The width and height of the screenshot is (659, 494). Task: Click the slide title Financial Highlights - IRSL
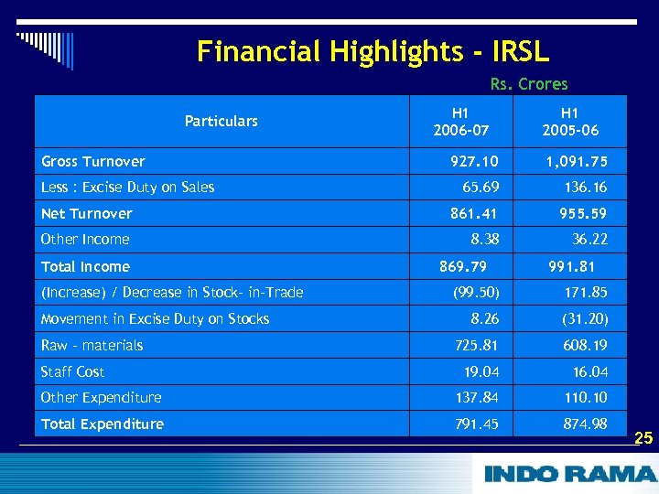coord(373,50)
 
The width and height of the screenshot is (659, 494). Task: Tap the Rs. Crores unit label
coord(528,84)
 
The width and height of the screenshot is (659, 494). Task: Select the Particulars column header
coord(221,121)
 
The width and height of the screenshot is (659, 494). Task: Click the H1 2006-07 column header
coord(460,121)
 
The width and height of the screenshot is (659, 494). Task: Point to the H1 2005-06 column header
coord(569,121)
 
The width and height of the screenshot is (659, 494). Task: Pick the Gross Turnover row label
coord(93,161)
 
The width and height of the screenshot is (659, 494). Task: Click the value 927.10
coord(474,161)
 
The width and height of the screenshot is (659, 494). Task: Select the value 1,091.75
coord(577,161)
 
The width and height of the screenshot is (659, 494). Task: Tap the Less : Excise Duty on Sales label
coord(127,187)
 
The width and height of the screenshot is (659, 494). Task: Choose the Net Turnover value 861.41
coord(474,213)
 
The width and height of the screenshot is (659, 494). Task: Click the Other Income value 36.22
coord(590,239)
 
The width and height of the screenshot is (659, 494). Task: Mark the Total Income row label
coord(85,266)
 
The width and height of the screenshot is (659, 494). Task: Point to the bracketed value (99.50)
coord(476,292)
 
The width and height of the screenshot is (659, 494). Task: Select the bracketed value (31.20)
coord(585,318)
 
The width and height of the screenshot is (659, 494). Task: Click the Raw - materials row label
coord(92,345)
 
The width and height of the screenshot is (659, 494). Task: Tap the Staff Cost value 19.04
coord(481,371)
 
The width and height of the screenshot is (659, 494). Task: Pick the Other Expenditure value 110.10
coord(585,397)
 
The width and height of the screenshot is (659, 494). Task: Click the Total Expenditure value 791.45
coord(476,424)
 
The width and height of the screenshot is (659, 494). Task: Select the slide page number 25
coord(643,438)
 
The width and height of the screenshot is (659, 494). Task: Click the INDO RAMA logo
coord(569,474)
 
